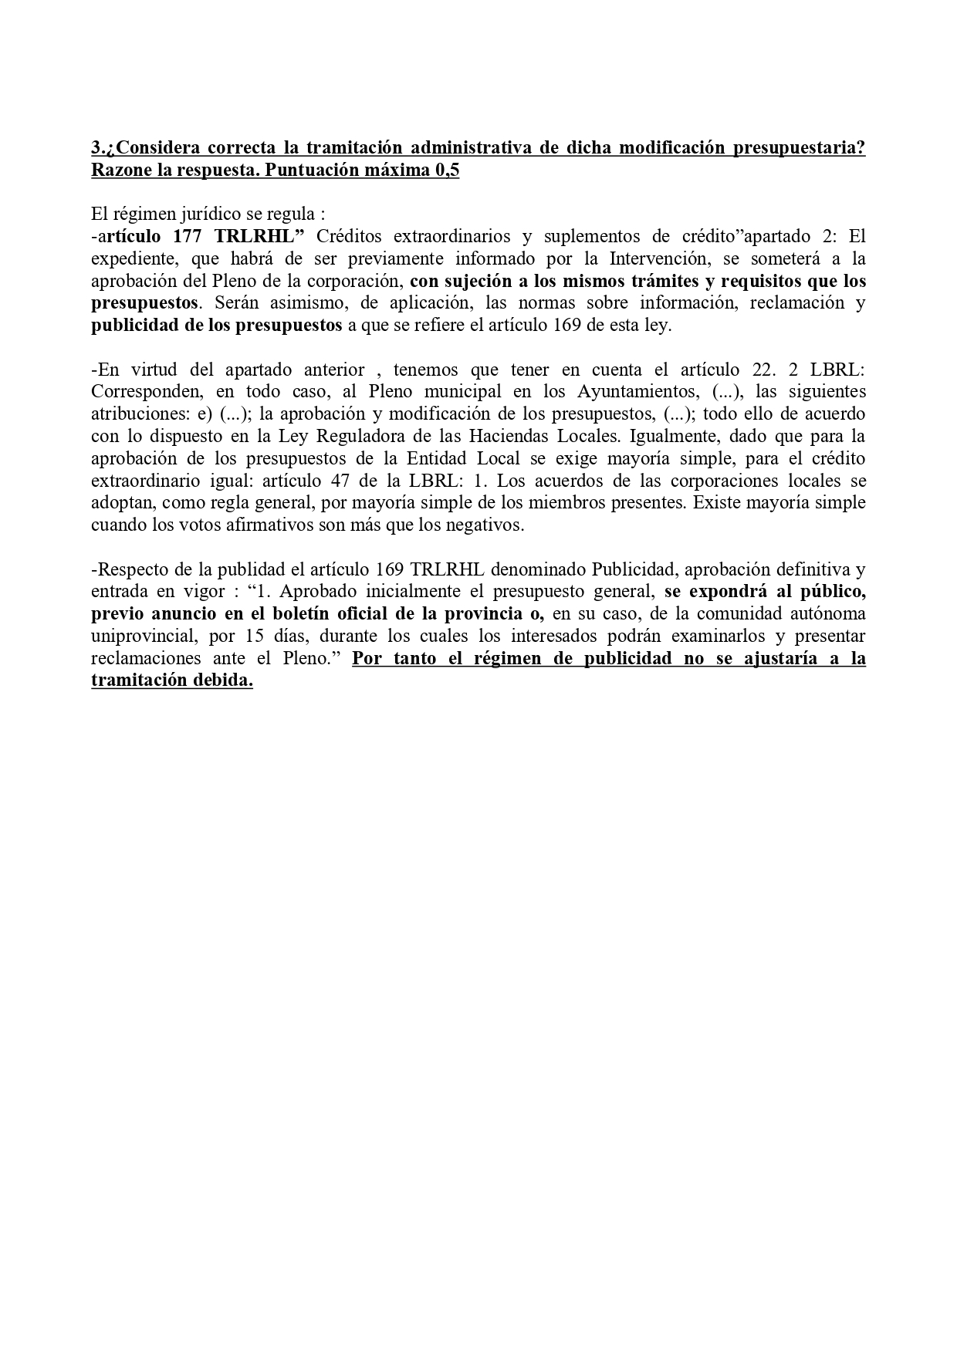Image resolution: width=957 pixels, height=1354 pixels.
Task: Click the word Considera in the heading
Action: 158,147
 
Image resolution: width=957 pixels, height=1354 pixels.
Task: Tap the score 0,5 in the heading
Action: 447,170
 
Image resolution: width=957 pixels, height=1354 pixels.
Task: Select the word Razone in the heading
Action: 120,170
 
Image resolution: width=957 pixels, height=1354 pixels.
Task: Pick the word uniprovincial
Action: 140,636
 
